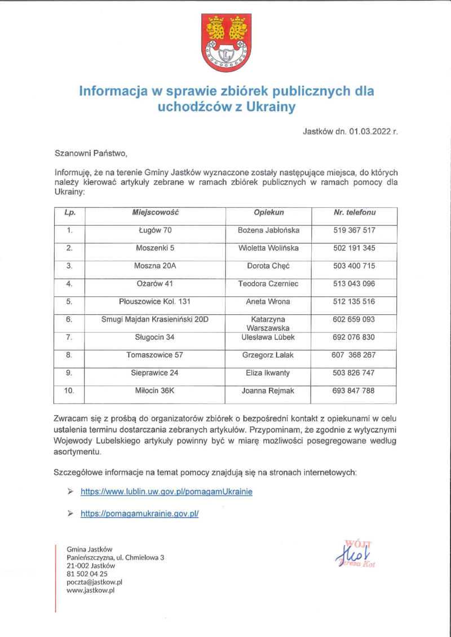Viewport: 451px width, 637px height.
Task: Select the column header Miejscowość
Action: point(155,212)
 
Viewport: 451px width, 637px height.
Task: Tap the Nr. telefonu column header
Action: point(355,212)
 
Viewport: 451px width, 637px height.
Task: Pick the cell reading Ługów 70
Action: point(155,230)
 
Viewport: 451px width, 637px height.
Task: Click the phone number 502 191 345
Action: point(354,248)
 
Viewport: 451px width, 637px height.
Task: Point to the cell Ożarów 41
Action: point(155,284)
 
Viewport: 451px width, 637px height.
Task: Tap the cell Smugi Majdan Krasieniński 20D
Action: point(155,319)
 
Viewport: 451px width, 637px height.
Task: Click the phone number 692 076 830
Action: point(354,337)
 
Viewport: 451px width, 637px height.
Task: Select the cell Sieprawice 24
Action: point(155,373)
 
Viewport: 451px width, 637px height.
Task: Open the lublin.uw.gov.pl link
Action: point(166,492)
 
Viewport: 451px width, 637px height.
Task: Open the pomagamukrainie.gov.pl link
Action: point(140,514)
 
